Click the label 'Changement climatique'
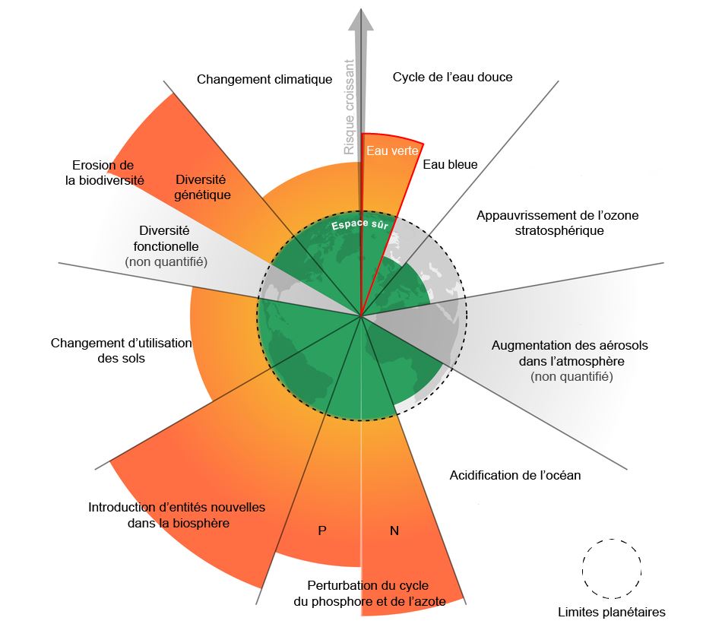pos(264,79)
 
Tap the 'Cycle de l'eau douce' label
pos(452,77)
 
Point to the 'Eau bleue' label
pos(450,163)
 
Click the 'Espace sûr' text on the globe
pos(359,226)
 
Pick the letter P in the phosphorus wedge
pos(322,531)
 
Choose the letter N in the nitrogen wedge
pos(394,531)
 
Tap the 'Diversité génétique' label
pos(202,187)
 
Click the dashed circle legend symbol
pos(612,569)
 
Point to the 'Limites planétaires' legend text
pos(611,612)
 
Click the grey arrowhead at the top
pos(361,19)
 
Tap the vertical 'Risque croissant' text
pos(350,107)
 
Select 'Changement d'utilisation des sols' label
pos(122,350)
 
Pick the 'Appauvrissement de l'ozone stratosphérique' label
pos(557,223)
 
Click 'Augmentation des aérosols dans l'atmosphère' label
pos(570,353)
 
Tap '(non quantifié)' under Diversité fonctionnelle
pos(166,261)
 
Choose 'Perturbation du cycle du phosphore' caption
pos(369,593)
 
